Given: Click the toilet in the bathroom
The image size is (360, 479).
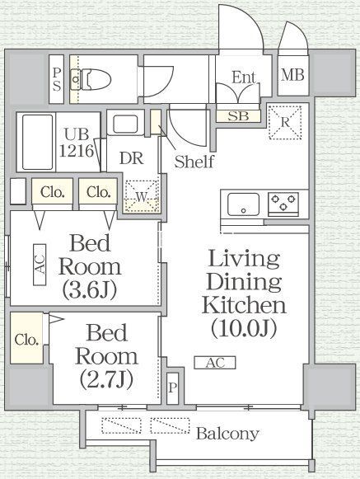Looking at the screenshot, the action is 91,79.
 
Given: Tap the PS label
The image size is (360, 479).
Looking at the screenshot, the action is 57,79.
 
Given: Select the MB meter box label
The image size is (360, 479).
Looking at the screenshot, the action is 292,75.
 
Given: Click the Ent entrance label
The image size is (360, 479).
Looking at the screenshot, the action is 244,77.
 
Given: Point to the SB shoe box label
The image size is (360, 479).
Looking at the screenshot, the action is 238,116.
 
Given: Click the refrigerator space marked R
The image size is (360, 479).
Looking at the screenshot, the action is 285,123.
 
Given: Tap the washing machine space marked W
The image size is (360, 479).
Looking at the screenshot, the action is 142,196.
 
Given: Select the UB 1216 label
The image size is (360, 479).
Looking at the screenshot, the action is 77,142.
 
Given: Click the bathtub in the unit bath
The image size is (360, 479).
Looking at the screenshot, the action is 37,142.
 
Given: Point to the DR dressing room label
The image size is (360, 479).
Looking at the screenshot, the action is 131,158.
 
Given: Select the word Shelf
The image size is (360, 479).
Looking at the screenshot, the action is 194,162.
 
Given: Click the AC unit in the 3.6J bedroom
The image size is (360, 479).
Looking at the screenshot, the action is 40,265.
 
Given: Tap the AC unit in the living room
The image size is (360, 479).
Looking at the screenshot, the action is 215,363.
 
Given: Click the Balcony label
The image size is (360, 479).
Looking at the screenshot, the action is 227,433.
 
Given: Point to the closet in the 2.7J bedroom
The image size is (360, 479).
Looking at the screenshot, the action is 26,338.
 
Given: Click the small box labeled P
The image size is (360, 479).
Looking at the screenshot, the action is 172,388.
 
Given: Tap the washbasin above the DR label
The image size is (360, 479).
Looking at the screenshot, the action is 125,124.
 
